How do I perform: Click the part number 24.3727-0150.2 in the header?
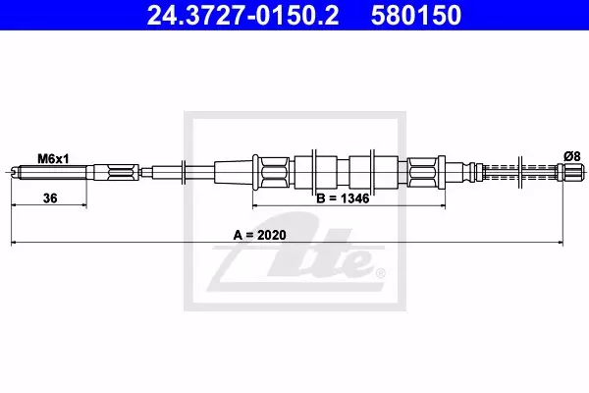(x=242, y=15)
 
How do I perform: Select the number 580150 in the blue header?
(x=416, y=15)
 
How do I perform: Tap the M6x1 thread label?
(x=53, y=159)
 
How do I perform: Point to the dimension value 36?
(x=50, y=197)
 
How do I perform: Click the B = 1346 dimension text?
(x=343, y=198)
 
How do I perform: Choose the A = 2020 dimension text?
(x=259, y=235)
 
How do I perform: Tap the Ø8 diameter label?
(x=572, y=156)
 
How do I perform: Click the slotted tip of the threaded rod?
(x=15, y=173)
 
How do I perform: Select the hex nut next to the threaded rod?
(x=120, y=173)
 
